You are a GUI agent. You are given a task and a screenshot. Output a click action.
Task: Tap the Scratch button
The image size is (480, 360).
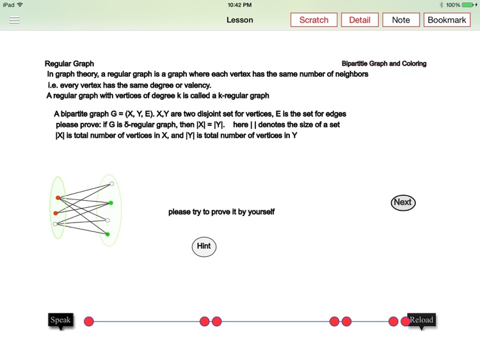coord(314,20)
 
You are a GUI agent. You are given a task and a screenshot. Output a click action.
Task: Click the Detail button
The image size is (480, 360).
coord(359,20)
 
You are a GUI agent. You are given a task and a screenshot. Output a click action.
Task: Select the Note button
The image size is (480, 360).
coord(401,20)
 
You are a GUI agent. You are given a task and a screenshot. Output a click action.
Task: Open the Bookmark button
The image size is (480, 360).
coord(447,20)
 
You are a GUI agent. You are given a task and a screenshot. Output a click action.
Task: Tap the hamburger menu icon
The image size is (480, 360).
coord(15,20)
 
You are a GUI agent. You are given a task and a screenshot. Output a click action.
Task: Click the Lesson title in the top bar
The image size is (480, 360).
coord(240,20)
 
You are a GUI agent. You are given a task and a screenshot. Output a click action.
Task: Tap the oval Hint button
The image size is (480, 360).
coord(204,246)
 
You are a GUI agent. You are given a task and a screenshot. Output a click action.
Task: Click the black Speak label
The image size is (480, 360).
coord(61,320)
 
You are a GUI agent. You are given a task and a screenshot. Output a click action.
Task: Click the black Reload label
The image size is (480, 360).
coord(421,320)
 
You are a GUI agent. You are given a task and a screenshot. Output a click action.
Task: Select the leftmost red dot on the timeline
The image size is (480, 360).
coord(89,321)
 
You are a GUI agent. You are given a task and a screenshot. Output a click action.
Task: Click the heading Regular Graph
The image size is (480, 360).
coord(69,64)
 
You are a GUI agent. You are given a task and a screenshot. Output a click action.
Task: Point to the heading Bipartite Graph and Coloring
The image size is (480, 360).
coord(384,64)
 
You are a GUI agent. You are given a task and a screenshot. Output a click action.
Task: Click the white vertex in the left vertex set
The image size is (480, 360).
coord(56,224)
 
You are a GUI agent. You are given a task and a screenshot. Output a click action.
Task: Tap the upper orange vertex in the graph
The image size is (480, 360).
coord(58,198)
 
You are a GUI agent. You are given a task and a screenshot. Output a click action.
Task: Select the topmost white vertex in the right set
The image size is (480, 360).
coord(111,184)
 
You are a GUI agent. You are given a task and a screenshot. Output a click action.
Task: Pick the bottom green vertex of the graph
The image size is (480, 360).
coord(108,235)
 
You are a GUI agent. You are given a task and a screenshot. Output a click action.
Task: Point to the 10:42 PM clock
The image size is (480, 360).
coord(239,4)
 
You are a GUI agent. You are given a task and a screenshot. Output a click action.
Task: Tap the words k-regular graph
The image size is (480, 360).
coord(247,96)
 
